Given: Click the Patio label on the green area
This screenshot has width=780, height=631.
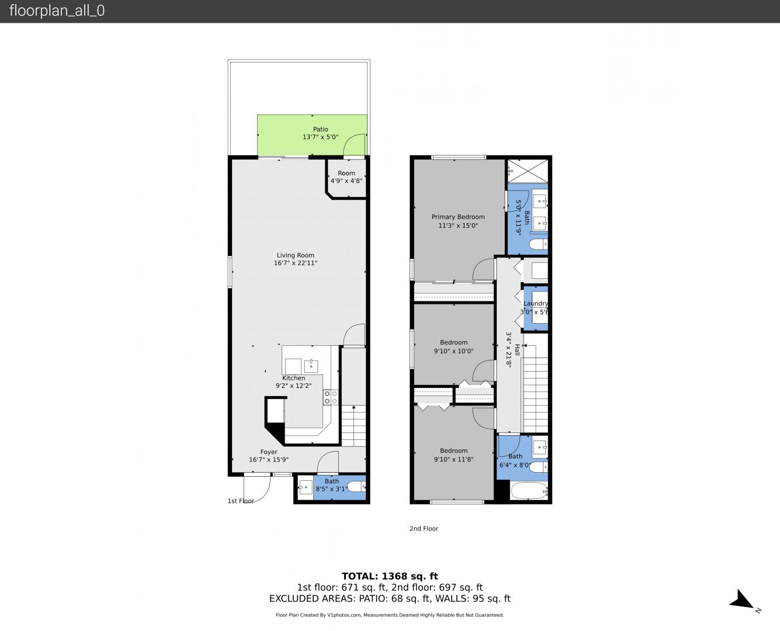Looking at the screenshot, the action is (320, 129).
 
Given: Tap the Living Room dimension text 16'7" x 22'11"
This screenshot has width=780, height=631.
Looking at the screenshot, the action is (296, 263).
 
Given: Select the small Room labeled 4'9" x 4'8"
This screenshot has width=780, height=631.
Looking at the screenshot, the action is (346, 178).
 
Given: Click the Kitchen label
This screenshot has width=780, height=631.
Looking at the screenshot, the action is (293, 378).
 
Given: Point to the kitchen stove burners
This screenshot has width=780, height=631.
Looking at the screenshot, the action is (330, 397).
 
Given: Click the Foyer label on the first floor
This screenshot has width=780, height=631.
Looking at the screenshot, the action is (269, 452).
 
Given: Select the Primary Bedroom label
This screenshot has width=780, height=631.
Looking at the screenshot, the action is (458, 217).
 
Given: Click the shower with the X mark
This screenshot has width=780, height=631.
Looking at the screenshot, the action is (528, 171).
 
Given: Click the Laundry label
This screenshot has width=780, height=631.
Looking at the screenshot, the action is (536, 303).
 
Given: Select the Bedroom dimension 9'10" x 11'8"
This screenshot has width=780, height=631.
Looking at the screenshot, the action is (454, 459).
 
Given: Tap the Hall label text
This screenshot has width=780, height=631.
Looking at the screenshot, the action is (517, 350).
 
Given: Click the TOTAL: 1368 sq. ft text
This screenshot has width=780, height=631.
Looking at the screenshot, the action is (390, 576).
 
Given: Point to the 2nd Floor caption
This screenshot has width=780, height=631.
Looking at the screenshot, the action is (424, 528).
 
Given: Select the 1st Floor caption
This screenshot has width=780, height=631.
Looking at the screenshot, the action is (241, 501).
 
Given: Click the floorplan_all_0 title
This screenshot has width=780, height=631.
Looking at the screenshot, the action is (57, 11).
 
